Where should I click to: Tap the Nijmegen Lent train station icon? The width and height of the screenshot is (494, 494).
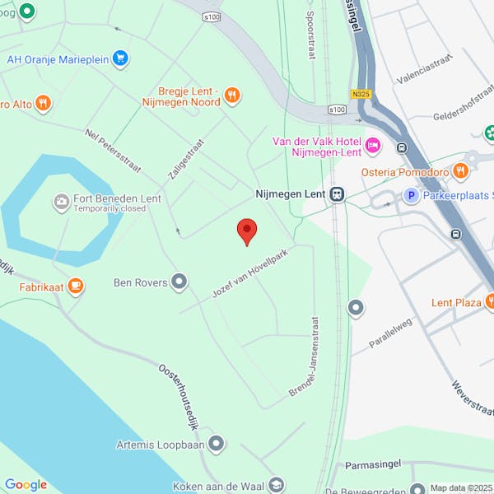(x=336, y=194)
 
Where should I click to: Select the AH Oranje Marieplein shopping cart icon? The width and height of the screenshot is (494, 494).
(x=121, y=58)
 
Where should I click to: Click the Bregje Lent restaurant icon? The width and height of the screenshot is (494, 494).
(x=232, y=96)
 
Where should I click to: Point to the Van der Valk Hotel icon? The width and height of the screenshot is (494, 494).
(x=372, y=146)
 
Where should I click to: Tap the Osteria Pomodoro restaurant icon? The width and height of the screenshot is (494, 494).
(x=460, y=171)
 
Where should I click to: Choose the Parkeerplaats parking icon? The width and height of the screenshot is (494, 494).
(x=410, y=194)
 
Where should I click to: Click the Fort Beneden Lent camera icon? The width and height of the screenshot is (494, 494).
(x=61, y=201)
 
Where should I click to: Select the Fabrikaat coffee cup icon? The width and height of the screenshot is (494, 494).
(x=76, y=286)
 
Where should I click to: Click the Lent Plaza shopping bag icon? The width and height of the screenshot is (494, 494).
(x=492, y=302)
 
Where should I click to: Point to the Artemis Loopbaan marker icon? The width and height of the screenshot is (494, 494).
(x=216, y=445)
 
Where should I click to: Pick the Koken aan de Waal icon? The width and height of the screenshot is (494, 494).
(x=277, y=485)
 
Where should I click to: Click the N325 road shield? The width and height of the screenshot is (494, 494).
(x=361, y=94)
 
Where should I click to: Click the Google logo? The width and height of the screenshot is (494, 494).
(x=26, y=484)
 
